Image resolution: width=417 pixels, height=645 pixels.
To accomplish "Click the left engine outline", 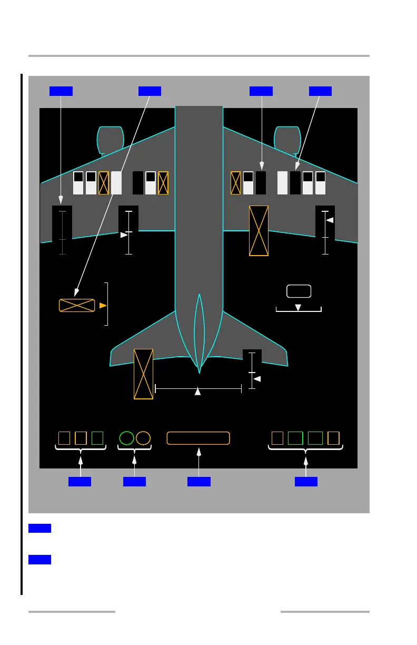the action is tap(111, 140).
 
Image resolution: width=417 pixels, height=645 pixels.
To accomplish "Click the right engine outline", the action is tap(287, 140).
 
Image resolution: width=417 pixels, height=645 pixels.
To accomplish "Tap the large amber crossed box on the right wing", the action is tap(259, 231).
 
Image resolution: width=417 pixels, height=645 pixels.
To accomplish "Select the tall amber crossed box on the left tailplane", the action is tap(143, 374).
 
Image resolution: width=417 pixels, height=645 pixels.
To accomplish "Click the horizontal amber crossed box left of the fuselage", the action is tap(77, 305).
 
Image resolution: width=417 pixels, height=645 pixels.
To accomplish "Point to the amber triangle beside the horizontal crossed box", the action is tap(103, 305).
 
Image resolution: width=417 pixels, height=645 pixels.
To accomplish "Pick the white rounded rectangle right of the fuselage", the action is tap(299, 291).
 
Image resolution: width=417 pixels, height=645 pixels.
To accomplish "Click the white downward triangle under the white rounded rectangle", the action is tap(298, 307).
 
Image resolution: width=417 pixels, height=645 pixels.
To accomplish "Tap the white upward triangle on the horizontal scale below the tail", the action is tap(198, 391).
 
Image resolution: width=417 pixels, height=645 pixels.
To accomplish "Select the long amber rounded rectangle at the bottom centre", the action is tap(198, 438).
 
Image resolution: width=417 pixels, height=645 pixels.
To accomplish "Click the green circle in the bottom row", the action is tap(126, 438).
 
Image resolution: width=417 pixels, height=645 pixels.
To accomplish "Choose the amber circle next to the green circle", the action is tap(143, 438).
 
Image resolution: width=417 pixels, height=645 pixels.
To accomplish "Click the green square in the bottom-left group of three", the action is tap(97, 438).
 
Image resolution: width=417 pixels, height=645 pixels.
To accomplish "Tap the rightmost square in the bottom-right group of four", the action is tap(333, 438).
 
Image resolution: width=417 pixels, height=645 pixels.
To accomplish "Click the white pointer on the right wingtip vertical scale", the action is tap(330, 220).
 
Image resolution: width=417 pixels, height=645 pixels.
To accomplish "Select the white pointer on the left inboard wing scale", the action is tap(124, 235).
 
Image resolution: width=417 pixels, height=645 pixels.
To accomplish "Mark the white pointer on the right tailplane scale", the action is tap(257, 378).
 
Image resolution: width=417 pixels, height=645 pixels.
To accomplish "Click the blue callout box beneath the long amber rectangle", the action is tap(198, 481).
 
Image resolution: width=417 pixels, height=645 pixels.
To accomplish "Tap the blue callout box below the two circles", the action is tap(134, 481).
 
